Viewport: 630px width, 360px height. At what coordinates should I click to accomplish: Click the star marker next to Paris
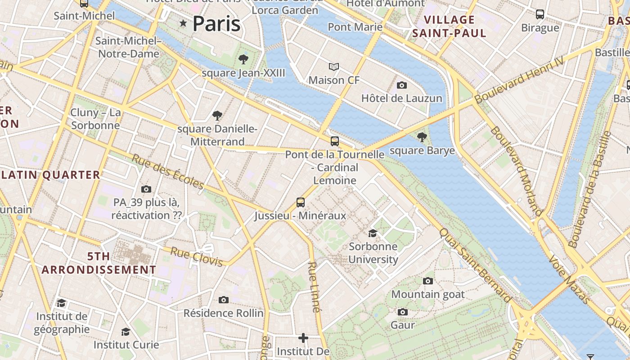(183, 23)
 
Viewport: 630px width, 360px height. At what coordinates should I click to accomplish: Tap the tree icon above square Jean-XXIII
(243, 59)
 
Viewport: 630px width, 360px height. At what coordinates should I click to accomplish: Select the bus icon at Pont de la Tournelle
(335, 141)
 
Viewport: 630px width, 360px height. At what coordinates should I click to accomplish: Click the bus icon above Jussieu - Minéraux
(301, 202)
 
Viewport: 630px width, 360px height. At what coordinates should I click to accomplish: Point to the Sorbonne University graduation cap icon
(373, 233)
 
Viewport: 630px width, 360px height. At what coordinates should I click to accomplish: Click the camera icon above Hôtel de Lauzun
(402, 85)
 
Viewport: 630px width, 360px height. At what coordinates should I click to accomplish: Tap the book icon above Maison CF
(333, 67)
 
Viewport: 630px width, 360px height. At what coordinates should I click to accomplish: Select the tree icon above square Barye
(422, 137)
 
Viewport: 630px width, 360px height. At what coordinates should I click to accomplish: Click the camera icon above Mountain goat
(428, 281)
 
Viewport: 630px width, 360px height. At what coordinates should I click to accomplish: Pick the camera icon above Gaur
(403, 312)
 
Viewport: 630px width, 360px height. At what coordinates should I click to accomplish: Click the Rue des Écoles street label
(168, 172)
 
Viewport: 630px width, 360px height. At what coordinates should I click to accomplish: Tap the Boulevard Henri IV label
(519, 80)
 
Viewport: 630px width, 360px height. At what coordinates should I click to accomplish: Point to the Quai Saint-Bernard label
(475, 265)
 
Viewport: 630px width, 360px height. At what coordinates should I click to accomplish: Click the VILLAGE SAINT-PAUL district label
(449, 26)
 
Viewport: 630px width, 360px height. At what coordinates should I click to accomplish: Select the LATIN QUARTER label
(50, 175)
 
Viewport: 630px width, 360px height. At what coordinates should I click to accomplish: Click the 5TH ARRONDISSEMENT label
(99, 263)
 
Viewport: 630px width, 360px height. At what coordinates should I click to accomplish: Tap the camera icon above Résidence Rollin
(224, 300)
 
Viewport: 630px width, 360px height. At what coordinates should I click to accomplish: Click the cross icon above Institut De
(303, 337)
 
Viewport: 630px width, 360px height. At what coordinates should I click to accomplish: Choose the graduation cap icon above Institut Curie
(126, 332)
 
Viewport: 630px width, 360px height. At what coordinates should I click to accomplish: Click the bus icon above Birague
(540, 14)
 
